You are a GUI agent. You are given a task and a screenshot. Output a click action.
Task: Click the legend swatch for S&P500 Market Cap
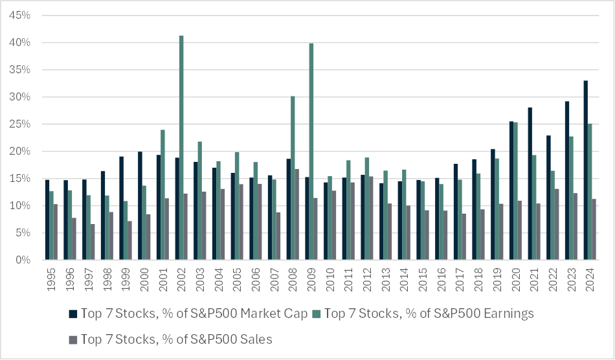pos(73,314)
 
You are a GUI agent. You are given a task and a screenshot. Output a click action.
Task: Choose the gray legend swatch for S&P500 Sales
pos(73,338)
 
